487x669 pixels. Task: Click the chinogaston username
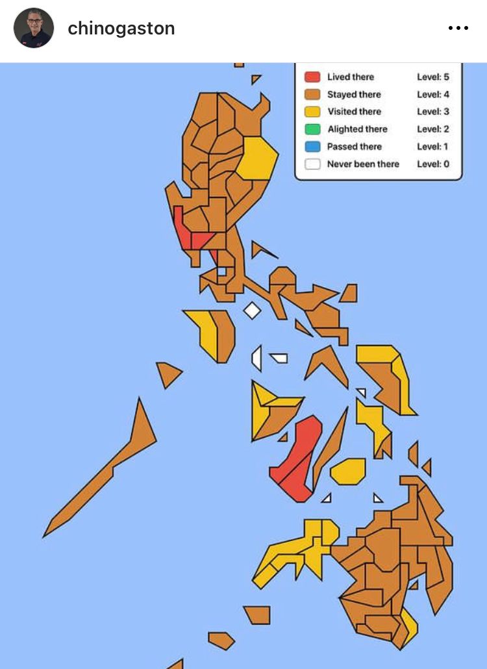point(121,29)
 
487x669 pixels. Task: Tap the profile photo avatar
point(33,28)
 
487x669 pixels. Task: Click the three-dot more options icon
point(458,29)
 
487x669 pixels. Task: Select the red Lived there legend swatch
point(312,77)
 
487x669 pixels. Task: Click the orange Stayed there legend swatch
point(312,95)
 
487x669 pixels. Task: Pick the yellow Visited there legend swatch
point(312,112)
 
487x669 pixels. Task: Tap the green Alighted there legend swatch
point(312,129)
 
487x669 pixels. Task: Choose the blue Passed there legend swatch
point(312,147)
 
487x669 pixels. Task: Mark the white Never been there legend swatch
point(312,164)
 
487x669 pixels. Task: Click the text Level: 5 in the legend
point(432,77)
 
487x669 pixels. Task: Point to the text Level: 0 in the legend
point(432,164)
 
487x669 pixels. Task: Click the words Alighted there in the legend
point(357,129)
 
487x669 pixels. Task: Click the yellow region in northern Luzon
point(256,158)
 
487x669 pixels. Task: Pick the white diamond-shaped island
point(252,310)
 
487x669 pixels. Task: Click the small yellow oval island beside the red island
point(349,471)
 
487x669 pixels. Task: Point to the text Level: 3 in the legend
point(432,112)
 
